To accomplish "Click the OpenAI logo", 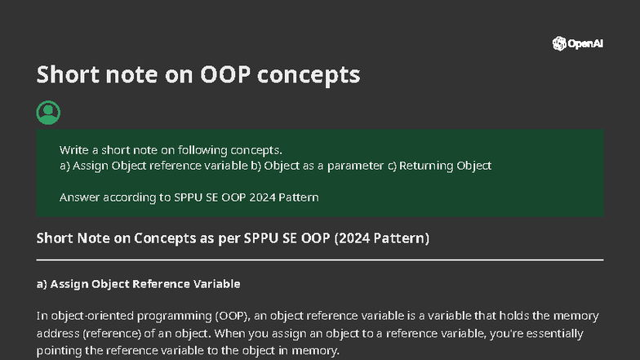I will click(578, 44).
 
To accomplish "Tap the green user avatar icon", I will click(48, 113).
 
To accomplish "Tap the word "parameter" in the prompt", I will click(358, 166).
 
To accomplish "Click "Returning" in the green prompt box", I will click(426, 166).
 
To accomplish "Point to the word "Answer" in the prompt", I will click(79, 198).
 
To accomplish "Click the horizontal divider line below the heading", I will click(320, 260).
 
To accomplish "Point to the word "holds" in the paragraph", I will click(502, 316).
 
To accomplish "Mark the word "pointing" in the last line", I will click(60, 351).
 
